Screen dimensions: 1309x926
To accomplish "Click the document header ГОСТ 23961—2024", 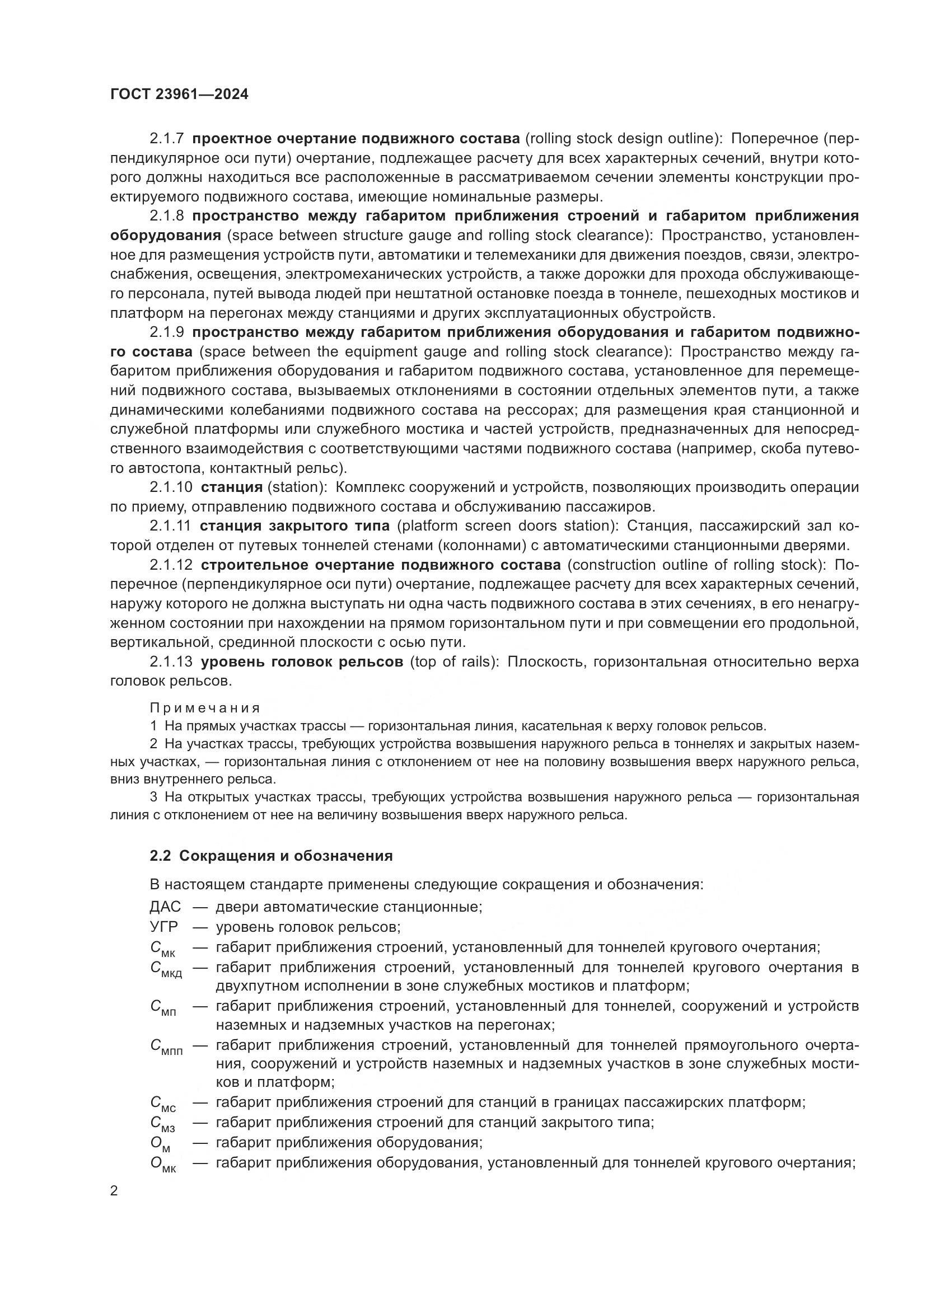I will (179, 95).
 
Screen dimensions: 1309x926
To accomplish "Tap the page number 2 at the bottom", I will (114, 1191).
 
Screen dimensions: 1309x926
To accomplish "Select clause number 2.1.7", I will (166, 139).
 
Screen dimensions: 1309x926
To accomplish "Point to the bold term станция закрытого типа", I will (295, 526).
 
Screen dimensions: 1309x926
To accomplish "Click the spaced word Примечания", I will (205, 708).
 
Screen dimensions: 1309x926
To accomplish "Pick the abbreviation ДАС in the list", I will (165, 907).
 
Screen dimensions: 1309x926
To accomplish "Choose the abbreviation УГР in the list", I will (163, 926).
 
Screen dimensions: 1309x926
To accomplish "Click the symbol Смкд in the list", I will (166, 969).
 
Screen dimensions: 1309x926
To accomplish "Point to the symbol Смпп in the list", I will (166, 1047).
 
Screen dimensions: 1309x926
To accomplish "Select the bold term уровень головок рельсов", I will (302, 662).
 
